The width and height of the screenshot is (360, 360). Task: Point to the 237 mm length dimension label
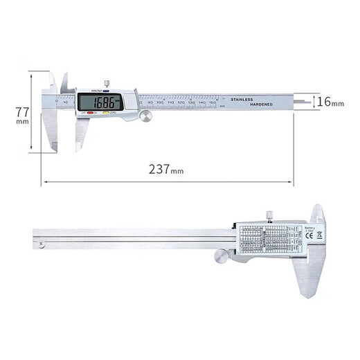point(167,169)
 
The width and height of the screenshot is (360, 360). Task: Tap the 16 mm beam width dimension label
point(330,102)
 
